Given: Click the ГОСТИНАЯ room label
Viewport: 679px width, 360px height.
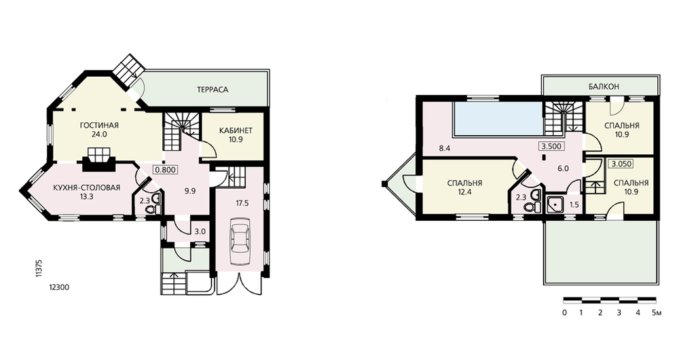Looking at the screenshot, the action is pyautogui.click(x=99, y=126).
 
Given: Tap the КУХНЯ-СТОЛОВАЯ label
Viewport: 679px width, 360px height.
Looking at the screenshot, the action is pyautogui.click(x=87, y=188).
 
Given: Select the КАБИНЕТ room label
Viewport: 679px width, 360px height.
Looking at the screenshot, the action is pyautogui.click(x=236, y=131).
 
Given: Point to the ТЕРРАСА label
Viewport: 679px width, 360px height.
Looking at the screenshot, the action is pyautogui.click(x=212, y=90).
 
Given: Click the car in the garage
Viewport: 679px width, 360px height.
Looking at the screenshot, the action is pyautogui.click(x=240, y=241).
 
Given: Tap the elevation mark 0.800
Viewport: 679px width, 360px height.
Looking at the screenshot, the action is pyautogui.click(x=166, y=170).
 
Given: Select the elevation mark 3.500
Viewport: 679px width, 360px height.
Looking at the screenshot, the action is pyautogui.click(x=551, y=147).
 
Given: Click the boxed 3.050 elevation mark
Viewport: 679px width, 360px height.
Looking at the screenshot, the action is pyautogui.click(x=621, y=164).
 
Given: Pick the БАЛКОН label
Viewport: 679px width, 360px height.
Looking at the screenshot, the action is pyautogui.click(x=604, y=87).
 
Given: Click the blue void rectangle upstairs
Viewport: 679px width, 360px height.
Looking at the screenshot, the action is pyautogui.click(x=498, y=118).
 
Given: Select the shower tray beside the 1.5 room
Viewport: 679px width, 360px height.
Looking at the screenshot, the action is pyautogui.click(x=554, y=204).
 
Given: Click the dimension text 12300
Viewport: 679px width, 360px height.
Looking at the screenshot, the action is pyautogui.click(x=59, y=287).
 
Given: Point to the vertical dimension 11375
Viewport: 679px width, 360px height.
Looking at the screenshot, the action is pyautogui.click(x=39, y=268).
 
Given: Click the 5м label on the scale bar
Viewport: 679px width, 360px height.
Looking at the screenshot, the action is pyautogui.click(x=657, y=312).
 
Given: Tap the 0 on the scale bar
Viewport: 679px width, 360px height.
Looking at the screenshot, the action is pyautogui.click(x=564, y=312).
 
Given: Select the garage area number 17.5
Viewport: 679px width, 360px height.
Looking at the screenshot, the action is pyautogui.click(x=242, y=203).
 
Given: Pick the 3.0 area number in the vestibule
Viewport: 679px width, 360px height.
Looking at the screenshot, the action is pyautogui.click(x=200, y=232).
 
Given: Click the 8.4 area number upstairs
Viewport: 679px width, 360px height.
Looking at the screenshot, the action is pyautogui.click(x=444, y=149).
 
